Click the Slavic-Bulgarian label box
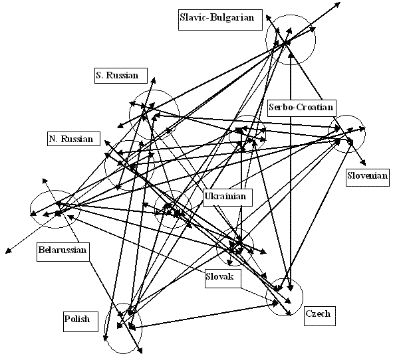click(220, 20)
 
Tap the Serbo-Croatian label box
click(301, 108)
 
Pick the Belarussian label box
click(63, 252)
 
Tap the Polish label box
click(80, 321)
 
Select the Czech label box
click(320, 316)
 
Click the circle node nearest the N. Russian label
click(104, 165)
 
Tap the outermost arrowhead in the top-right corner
click(338, 4)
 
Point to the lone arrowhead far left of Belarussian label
click(9, 251)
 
